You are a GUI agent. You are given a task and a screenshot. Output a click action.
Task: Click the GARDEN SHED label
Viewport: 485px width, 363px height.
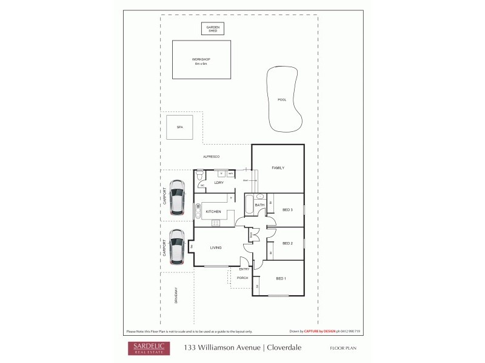coord(212,28)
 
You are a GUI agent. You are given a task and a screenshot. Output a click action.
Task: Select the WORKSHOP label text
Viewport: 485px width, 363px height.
coord(201,59)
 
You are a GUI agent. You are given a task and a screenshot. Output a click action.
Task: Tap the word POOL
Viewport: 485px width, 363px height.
coord(281,100)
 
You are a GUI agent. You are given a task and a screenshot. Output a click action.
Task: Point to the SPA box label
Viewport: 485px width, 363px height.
coord(179,127)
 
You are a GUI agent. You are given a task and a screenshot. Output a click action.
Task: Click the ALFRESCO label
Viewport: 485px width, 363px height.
coord(211,157)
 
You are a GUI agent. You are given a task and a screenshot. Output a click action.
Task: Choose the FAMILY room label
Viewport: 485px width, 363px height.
coord(278,168)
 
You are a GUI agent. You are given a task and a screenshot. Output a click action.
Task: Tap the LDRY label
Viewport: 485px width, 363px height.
coord(219,182)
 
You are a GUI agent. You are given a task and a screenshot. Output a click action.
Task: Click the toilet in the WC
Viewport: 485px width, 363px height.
coord(200,175)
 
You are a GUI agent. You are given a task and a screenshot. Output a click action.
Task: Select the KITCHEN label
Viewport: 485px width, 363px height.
coord(213,211)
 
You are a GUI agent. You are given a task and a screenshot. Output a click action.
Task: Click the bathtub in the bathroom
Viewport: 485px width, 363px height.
coord(249,204)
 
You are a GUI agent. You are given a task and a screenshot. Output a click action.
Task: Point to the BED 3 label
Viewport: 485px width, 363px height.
coord(288,210)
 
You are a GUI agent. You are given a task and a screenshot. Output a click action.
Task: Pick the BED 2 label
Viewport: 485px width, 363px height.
coord(288,243)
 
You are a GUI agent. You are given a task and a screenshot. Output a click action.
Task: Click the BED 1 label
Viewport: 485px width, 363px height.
coord(281,278)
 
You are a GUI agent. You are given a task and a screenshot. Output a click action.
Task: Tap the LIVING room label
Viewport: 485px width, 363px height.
coord(216,247)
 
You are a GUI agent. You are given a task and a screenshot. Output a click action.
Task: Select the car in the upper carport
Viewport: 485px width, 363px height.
coord(176,197)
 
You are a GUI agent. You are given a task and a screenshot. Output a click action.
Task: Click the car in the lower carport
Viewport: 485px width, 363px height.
coord(176,247)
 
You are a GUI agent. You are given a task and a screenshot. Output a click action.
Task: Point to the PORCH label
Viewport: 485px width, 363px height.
coord(242,278)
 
